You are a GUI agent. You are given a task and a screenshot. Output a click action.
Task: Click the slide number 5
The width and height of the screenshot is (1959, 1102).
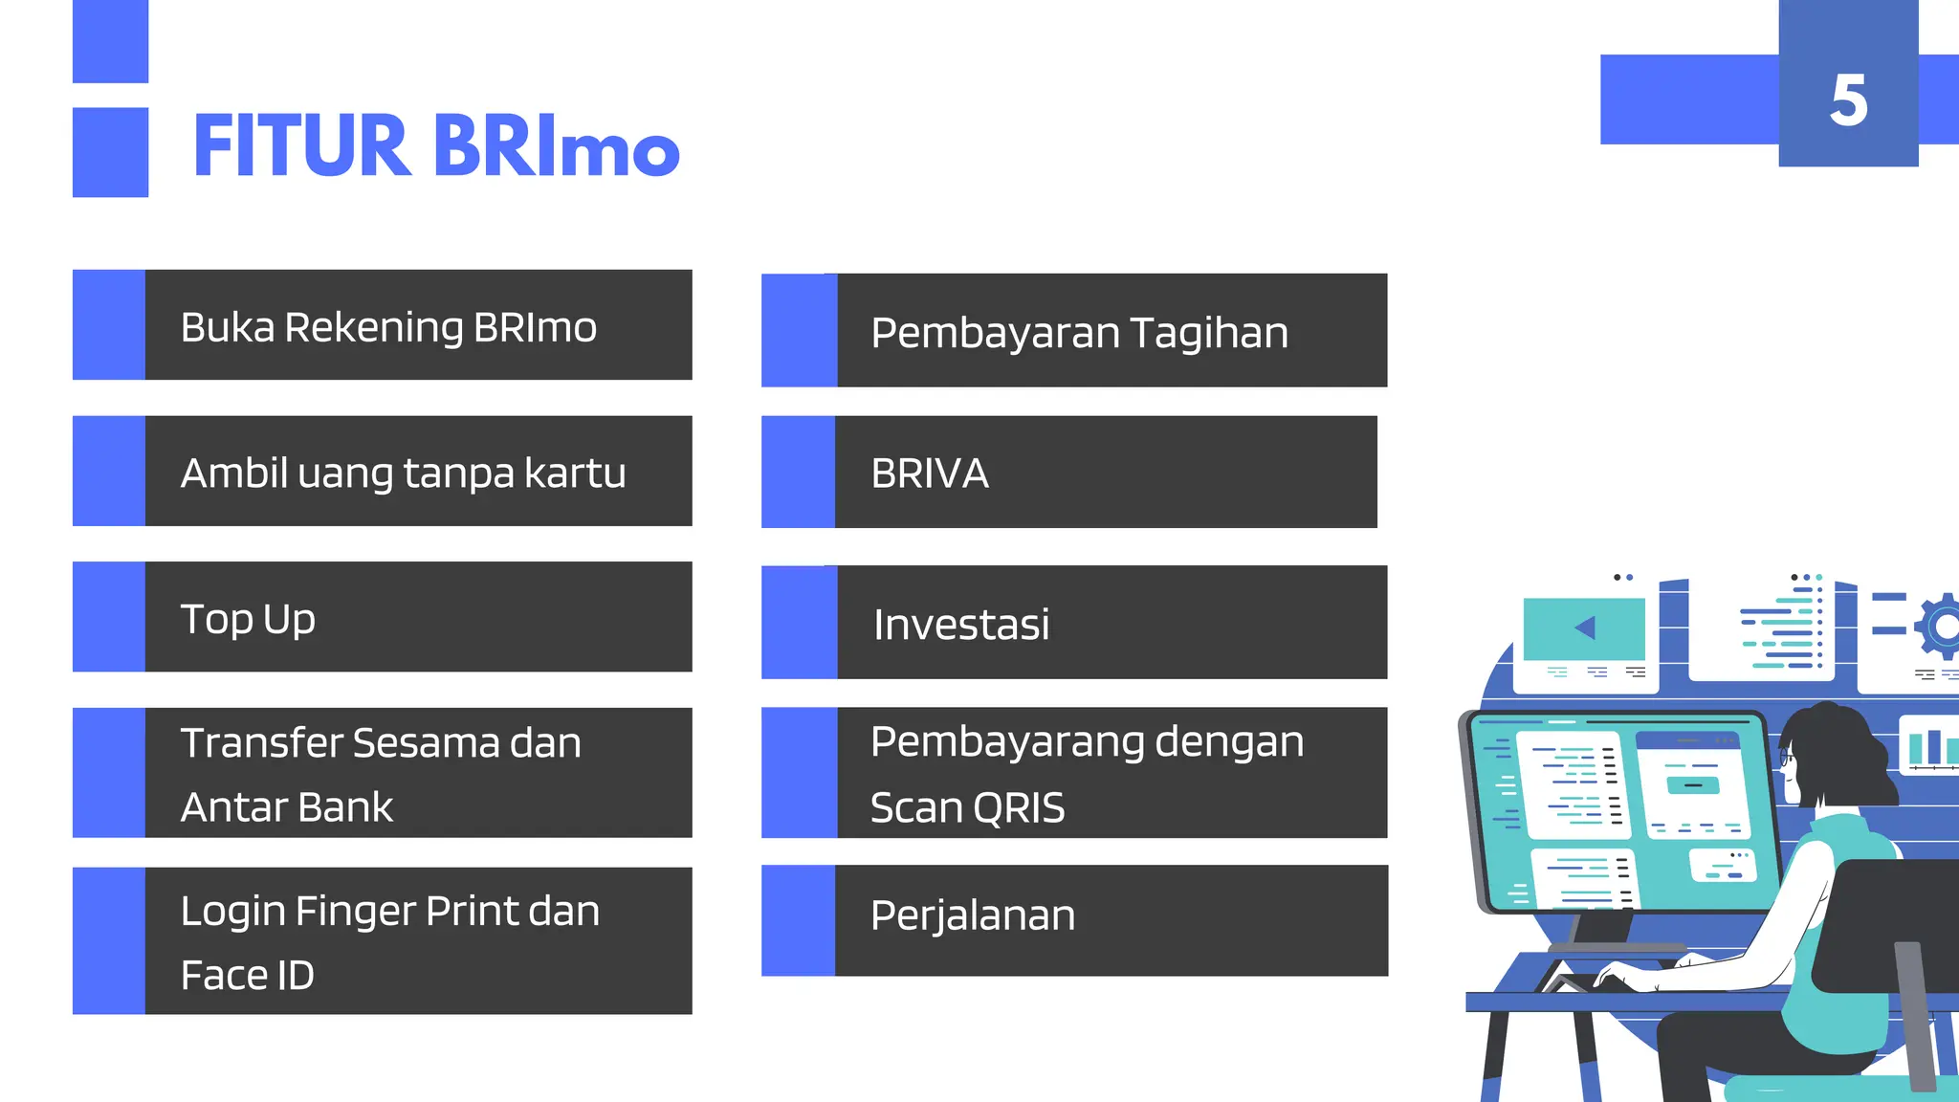tap(1848, 100)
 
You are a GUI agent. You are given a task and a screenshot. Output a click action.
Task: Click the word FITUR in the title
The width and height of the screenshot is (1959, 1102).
tap(301, 146)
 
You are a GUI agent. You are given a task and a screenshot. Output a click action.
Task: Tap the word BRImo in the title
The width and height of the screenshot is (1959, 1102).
tap(557, 146)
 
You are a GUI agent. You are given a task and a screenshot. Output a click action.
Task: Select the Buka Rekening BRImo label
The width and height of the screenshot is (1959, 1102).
tap(388, 327)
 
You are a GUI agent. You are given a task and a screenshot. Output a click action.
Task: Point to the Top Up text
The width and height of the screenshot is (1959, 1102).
tap(248, 619)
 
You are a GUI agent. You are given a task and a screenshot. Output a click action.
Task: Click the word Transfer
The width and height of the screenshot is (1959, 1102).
tap(260, 743)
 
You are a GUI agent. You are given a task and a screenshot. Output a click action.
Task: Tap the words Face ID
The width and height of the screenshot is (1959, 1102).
tap(248, 976)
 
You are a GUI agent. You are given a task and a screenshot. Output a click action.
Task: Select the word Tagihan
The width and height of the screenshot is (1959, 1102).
tap(1209, 333)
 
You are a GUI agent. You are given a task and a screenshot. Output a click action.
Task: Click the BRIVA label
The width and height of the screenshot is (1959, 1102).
tap(930, 474)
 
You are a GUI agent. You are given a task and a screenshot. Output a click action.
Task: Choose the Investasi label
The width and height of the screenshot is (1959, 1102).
tap(961, 625)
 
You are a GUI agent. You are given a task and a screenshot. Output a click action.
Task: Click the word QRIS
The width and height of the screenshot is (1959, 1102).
tap(1021, 808)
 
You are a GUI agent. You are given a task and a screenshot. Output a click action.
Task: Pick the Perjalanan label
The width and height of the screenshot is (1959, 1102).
tap(973, 915)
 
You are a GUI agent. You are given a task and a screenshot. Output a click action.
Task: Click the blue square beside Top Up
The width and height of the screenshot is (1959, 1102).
tap(109, 617)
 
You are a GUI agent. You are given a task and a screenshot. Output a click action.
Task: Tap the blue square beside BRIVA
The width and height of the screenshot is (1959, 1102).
tap(798, 472)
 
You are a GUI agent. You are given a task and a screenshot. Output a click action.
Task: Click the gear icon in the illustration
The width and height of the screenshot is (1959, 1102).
tap(1942, 627)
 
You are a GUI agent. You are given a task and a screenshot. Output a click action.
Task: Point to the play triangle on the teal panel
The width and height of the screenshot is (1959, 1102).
tap(1585, 628)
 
